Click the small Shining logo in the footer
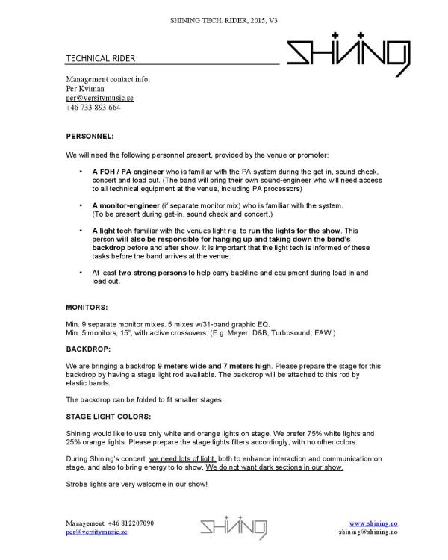(x=233, y=527)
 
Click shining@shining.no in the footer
(x=367, y=532)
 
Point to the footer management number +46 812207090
(x=111, y=523)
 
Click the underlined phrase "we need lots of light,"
(x=183, y=458)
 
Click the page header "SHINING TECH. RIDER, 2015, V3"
(x=224, y=9)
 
